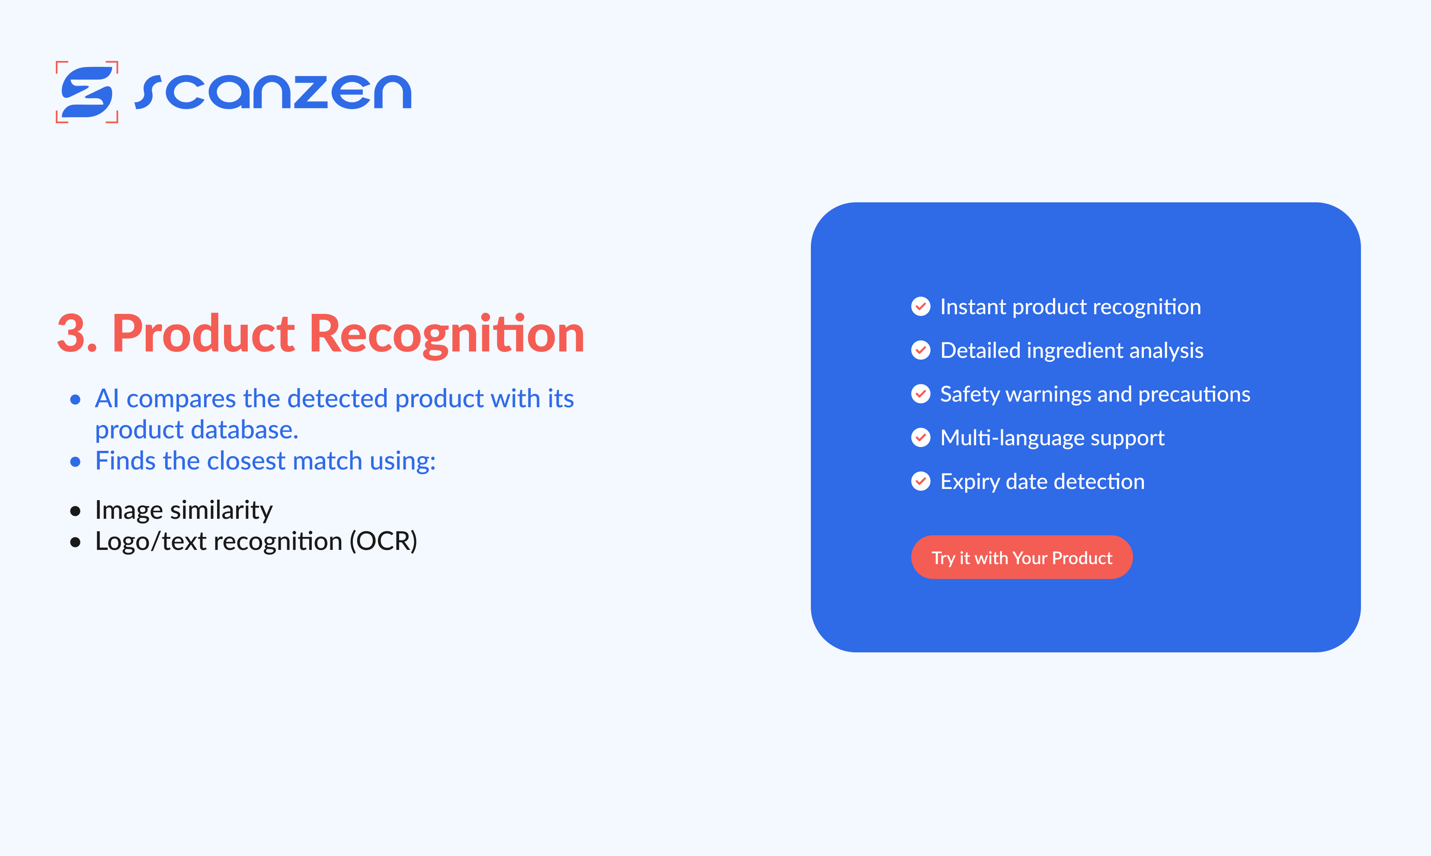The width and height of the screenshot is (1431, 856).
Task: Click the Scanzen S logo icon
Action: (87, 92)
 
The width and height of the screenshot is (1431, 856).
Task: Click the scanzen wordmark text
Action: (273, 92)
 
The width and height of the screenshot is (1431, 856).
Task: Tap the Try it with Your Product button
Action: (1021, 558)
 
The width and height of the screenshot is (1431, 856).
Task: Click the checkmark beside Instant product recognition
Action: (920, 306)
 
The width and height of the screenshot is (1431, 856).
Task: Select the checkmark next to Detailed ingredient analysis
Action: (920, 350)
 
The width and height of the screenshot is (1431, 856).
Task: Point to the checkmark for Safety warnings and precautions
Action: (920, 394)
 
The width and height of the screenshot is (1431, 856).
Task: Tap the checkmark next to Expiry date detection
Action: (920, 481)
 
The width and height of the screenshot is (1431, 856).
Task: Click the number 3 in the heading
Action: (71, 334)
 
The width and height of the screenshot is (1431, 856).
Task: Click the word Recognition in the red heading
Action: (447, 334)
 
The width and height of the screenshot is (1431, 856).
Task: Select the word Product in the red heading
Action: (203, 334)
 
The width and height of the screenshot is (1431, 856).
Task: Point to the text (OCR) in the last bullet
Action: (383, 542)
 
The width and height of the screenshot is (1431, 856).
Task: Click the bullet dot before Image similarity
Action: (75, 511)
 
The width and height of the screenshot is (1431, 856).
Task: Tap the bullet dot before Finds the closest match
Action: (75, 461)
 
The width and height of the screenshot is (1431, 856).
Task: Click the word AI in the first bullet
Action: (107, 399)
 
